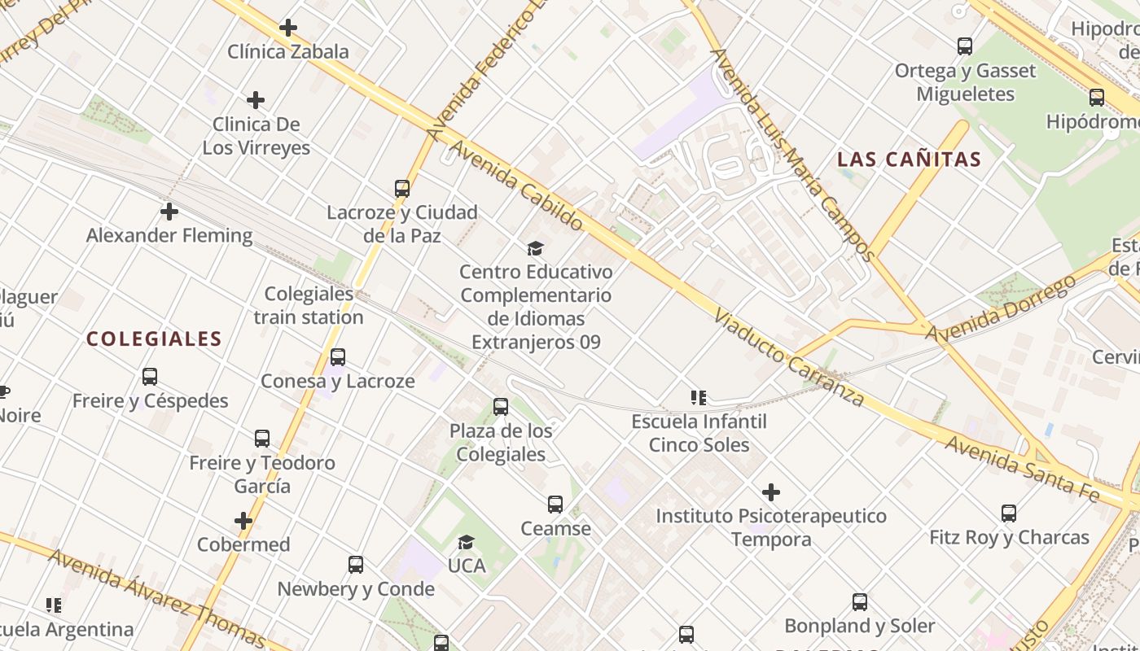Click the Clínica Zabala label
pos(287,51)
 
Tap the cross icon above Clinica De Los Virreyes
pos(256,100)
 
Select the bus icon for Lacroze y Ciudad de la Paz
pos(402,189)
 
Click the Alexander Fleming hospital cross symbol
pos(169,212)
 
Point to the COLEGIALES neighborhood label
pos(154,339)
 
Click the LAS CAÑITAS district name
pos(910,159)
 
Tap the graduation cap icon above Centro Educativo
pos(535,248)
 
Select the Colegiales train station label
pos(309,305)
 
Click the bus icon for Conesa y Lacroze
pos(338,357)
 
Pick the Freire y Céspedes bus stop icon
pos(150,377)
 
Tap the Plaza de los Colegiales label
pos(501,443)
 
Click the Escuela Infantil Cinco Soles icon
pos(699,398)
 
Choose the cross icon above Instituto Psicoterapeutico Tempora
pos(771,492)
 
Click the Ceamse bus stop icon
pos(555,505)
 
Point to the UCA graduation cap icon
pos(466,542)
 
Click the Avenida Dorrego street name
pos(1001,310)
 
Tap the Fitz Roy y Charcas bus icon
pos(1009,513)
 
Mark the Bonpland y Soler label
pos(859,626)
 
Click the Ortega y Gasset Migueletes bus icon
pos(965,46)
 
